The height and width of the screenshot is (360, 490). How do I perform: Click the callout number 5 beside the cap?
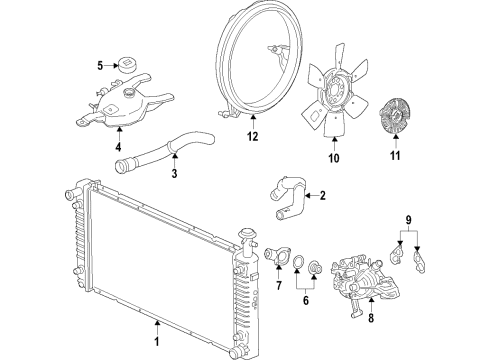coord(100,66)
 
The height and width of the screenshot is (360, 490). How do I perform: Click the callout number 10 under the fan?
coord(334,158)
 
